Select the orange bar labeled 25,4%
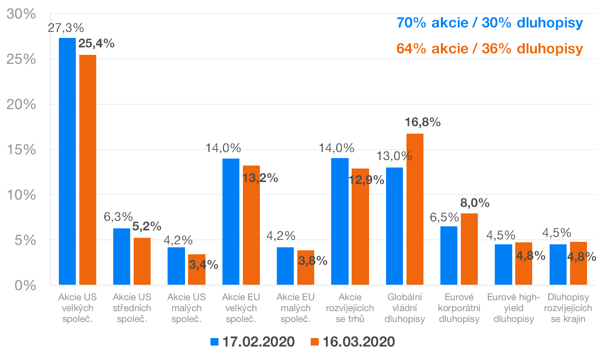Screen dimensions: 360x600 88,170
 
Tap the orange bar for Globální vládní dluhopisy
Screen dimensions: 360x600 414,209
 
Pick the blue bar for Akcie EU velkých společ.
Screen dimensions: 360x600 231,222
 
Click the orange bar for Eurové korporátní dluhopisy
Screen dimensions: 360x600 469,249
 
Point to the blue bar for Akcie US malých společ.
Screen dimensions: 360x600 176,266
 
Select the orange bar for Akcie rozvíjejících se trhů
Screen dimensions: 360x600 360,227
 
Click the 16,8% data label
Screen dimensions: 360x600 422,122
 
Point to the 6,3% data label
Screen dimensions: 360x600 118,217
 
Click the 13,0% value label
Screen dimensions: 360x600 394,156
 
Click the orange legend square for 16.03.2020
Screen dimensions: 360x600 314,342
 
